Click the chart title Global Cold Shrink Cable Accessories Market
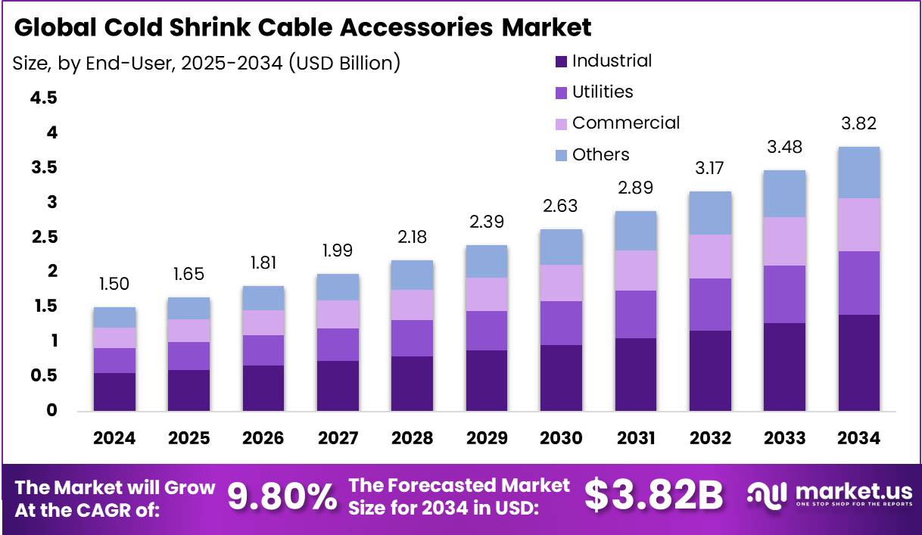click(303, 28)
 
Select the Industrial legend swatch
click(561, 61)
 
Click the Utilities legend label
click(603, 92)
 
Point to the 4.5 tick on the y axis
click(44, 98)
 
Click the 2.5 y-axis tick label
click(44, 237)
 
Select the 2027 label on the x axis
click(338, 438)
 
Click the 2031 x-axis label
click(635, 438)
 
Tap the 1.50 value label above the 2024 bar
click(114, 284)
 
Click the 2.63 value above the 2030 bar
click(561, 206)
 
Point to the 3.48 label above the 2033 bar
click(784, 147)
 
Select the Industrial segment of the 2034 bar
click(858, 362)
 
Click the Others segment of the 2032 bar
click(710, 213)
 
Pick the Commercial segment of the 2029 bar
click(486, 294)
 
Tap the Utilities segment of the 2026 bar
click(263, 350)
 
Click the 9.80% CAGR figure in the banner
click(282, 496)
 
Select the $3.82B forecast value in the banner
click(654, 496)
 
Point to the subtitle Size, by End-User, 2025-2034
click(206, 63)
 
